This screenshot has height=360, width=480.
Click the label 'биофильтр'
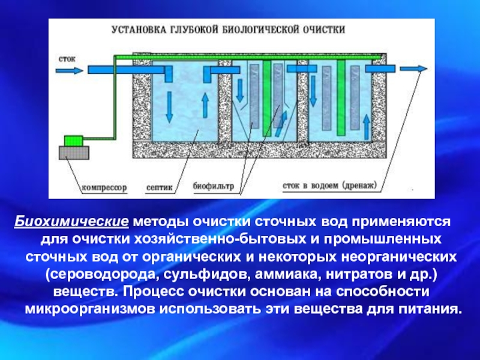click(x=213, y=186)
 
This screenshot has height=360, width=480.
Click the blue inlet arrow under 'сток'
click(x=71, y=70)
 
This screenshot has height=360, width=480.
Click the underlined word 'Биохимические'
click(x=71, y=223)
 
